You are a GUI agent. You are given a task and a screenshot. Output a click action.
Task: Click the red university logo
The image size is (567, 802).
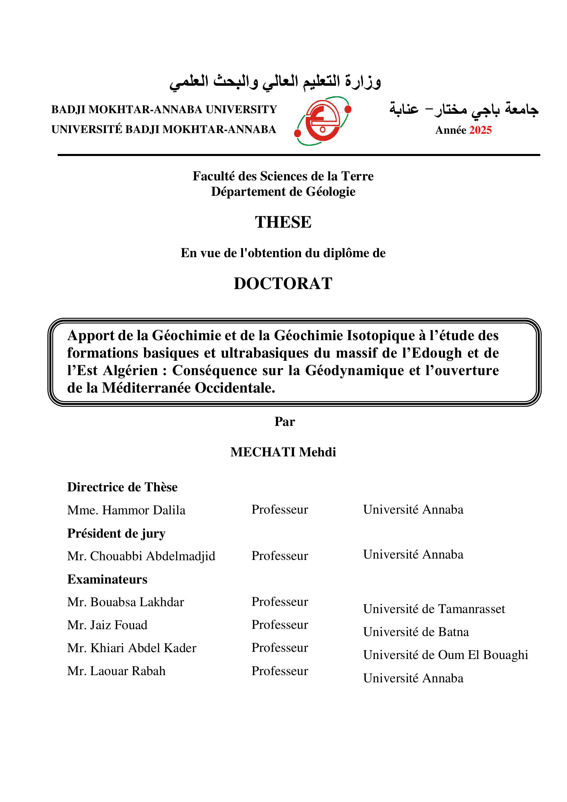click(323, 121)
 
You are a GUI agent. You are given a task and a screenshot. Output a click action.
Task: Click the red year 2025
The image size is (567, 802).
click(480, 130)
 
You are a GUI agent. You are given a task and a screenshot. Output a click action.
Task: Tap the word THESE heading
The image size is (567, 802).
click(283, 222)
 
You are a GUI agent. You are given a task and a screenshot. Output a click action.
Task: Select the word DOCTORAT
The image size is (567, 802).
click(283, 283)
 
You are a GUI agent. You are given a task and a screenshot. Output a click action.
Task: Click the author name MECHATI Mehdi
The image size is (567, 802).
click(283, 452)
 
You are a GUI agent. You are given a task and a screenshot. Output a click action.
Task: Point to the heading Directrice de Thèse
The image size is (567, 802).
click(122, 487)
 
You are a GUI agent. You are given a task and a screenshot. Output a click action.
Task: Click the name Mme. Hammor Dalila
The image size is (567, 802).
click(126, 510)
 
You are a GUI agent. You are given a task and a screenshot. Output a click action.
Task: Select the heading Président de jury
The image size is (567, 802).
click(116, 534)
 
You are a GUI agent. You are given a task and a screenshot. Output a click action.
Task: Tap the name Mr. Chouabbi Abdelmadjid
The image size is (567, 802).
click(141, 556)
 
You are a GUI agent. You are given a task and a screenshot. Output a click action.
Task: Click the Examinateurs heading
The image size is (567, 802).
click(107, 579)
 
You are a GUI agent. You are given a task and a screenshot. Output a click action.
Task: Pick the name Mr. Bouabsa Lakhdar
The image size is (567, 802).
click(125, 602)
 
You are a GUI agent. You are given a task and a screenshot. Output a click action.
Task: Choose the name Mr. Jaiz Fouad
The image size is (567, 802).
click(107, 625)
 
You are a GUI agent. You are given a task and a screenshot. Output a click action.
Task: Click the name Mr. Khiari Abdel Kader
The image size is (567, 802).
click(132, 648)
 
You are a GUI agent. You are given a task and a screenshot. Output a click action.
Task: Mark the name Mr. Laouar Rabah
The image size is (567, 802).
click(116, 671)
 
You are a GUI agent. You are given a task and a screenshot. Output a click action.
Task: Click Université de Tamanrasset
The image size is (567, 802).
click(434, 609)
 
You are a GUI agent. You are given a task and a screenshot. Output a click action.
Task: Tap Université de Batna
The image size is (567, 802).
click(416, 632)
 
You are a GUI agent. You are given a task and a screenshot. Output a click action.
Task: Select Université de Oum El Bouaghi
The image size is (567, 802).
click(446, 655)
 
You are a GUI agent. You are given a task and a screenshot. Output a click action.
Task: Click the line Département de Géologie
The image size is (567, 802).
click(283, 192)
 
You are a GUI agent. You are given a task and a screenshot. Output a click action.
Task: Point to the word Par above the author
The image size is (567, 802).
click(285, 422)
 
